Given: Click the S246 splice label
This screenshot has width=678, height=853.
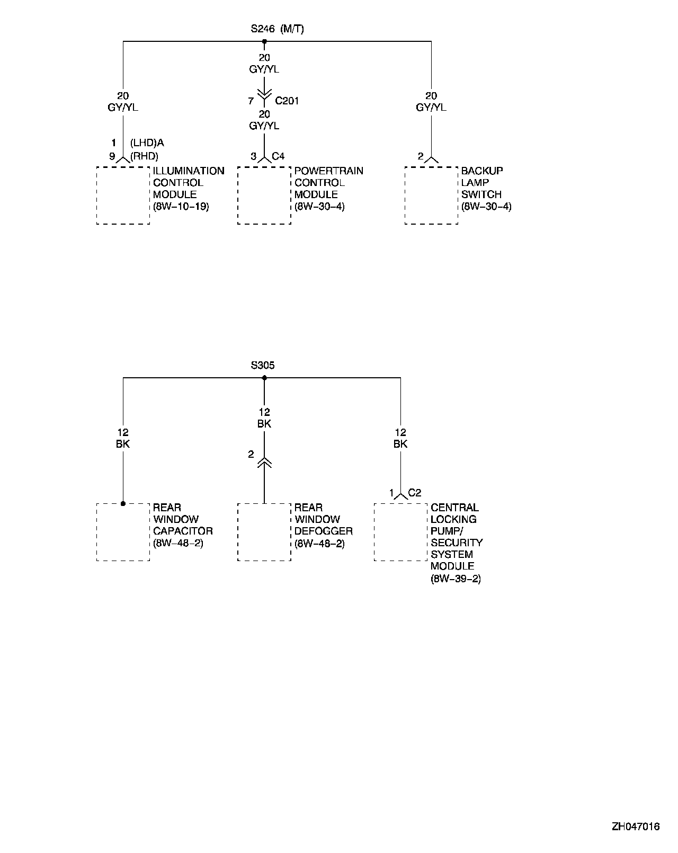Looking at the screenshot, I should (x=262, y=29).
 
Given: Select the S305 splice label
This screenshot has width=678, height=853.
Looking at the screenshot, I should (x=263, y=366).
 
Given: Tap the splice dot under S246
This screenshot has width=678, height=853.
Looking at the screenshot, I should (x=264, y=41).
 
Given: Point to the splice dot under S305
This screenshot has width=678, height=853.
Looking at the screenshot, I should (x=264, y=378).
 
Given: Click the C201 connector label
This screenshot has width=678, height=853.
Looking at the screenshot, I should (x=287, y=101).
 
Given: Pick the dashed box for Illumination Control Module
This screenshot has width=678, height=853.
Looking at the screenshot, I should (x=123, y=196).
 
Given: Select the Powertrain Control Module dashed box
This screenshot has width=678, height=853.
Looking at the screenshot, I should (x=264, y=196).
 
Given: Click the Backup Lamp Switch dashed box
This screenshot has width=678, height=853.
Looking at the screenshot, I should (x=431, y=196).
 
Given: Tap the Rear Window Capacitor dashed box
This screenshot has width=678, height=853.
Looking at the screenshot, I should (x=123, y=532).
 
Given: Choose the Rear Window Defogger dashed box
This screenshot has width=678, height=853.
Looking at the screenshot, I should (x=264, y=532).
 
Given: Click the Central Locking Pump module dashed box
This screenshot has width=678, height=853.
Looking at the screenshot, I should (x=400, y=532).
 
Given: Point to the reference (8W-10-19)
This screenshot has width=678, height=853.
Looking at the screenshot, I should (x=181, y=207).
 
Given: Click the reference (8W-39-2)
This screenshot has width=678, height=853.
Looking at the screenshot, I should (x=456, y=579).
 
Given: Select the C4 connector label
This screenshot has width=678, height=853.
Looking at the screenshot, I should (x=278, y=156).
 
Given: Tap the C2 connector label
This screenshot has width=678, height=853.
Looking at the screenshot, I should (x=415, y=493).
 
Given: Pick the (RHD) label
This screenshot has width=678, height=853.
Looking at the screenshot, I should (x=144, y=156).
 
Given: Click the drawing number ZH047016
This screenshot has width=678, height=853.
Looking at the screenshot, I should (x=636, y=827).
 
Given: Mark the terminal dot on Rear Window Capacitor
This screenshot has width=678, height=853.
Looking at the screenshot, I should (x=123, y=503).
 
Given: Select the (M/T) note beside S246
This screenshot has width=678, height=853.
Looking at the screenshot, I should (x=292, y=29).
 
